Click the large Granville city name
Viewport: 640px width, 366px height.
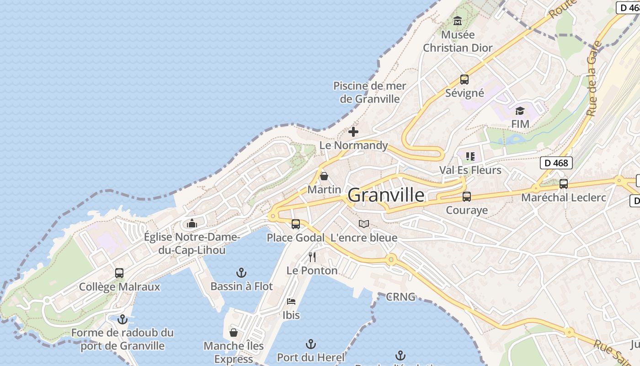[386, 195]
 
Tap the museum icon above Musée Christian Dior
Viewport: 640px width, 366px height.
[458, 21]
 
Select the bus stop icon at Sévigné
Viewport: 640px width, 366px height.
[464, 80]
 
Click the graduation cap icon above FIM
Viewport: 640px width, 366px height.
[520, 111]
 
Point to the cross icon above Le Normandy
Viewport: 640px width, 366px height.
[353, 132]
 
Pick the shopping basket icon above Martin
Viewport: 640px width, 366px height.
[324, 176]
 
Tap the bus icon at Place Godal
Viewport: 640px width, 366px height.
[296, 224]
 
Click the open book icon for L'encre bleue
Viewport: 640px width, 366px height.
[364, 224]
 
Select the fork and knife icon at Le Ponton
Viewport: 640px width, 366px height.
[312, 257]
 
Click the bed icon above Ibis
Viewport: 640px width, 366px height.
[291, 301]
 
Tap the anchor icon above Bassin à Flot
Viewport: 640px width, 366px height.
[241, 273]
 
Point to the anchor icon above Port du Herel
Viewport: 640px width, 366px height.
[311, 344]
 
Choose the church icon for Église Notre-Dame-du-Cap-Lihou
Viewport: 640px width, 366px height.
[192, 223]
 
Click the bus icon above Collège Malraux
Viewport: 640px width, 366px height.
[119, 273]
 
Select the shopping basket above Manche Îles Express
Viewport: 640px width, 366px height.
[234, 333]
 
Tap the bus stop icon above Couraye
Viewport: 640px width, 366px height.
[467, 197]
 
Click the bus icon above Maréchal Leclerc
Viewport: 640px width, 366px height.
[564, 184]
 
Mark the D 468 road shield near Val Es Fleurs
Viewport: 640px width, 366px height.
[556, 163]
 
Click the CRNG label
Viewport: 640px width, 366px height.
[401, 297]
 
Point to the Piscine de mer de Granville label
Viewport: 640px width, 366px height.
[370, 92]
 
